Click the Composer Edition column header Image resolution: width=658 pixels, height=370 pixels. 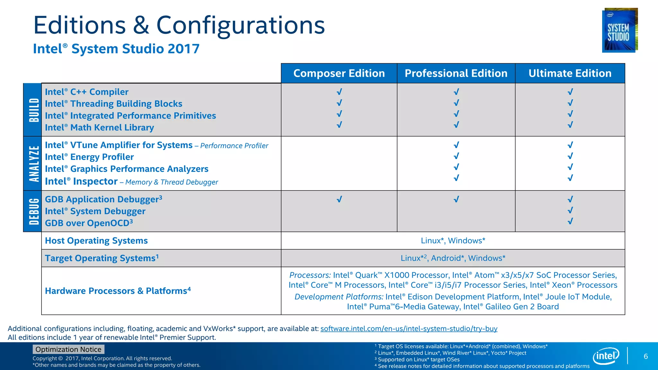tap(339, 73)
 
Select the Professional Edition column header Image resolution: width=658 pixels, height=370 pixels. tap(456, 73)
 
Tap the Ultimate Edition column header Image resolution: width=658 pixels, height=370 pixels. tap(570, 73)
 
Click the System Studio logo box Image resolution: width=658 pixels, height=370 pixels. tap(619, 30)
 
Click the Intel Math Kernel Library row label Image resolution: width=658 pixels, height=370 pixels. tap(99, 128)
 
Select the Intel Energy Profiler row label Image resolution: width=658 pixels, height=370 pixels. tap(89, 157)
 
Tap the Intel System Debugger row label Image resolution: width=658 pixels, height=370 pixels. tap(95, 211)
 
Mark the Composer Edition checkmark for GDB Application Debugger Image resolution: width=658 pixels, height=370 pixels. tap(339, 199)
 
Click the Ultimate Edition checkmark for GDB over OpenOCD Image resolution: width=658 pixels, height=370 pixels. tap(570, 221)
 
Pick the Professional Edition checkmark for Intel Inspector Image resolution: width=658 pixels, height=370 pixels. tap(456, 178)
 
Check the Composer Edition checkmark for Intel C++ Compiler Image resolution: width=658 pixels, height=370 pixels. tap(339, 92)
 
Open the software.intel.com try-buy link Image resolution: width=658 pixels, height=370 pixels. tap(409, 329)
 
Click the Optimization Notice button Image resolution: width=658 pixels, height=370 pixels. tap(68, 349)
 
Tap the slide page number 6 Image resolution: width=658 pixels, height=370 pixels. tap(646, 356)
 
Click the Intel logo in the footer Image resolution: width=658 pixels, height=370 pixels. tap(606, 356)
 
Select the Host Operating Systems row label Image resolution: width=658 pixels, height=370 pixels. tap(96, 241)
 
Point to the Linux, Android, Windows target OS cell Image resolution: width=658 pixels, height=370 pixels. tap(453, 258)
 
